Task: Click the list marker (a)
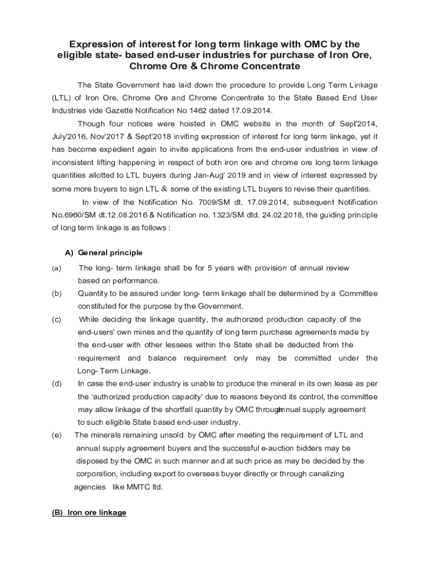tap(57, 268)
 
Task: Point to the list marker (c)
tap(57, 320)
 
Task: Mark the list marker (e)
tap(57, 435)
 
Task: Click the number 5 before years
tap(210, 268)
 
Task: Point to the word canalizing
tap(323, 473)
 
